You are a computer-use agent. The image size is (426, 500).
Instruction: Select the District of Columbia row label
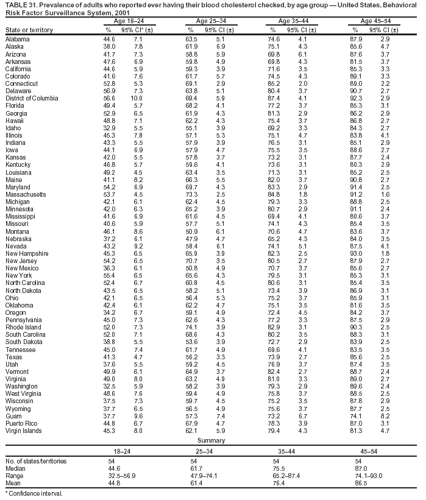click(31, 98)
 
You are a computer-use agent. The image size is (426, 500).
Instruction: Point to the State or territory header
click(29, 30)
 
